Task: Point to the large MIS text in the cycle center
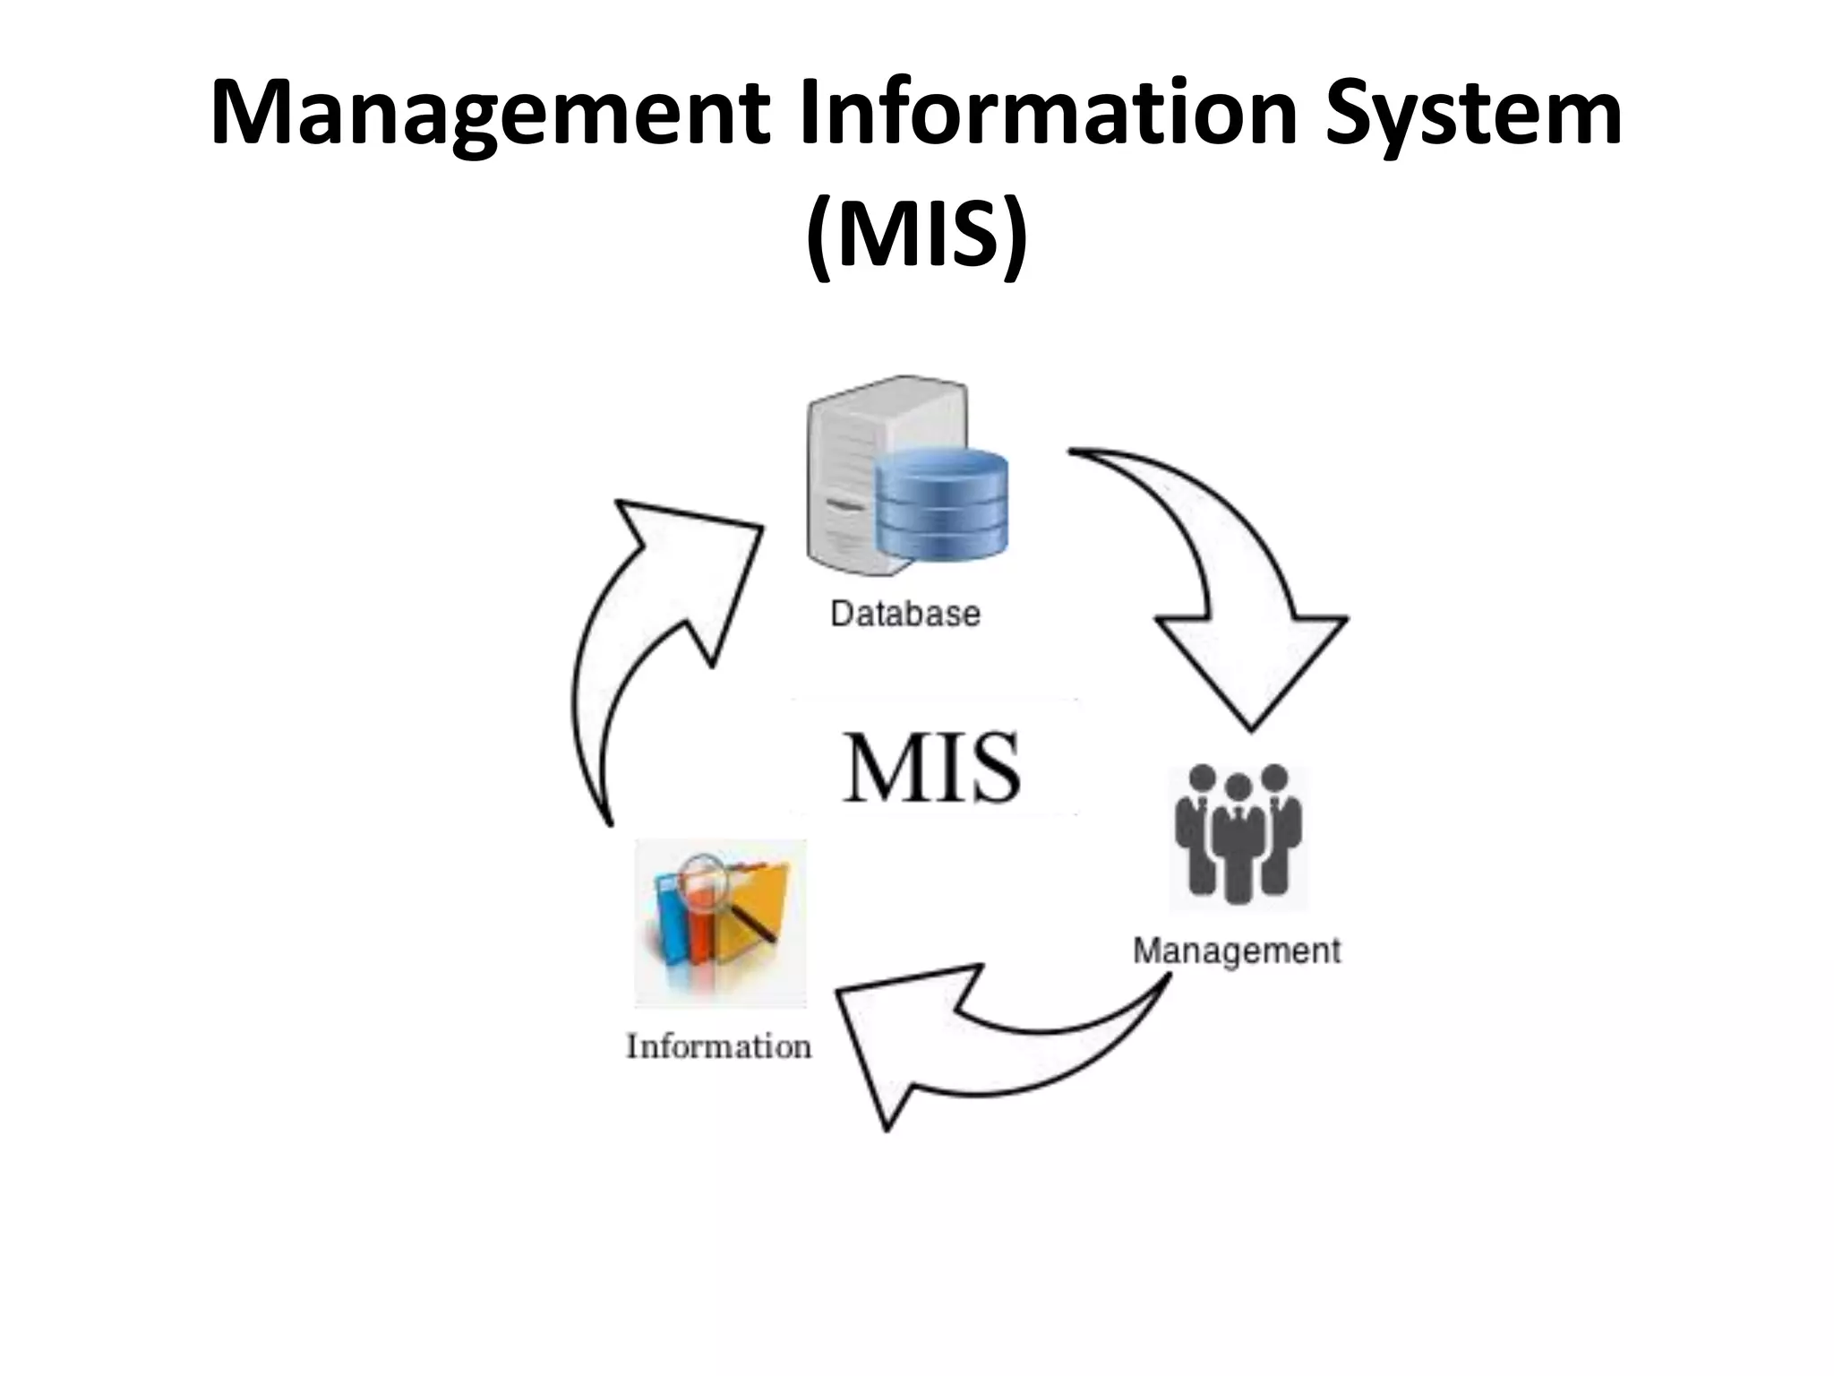(931, 768)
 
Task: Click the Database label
(905, 615)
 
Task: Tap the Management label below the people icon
(1237, 950)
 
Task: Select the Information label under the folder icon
(719, 1046)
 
